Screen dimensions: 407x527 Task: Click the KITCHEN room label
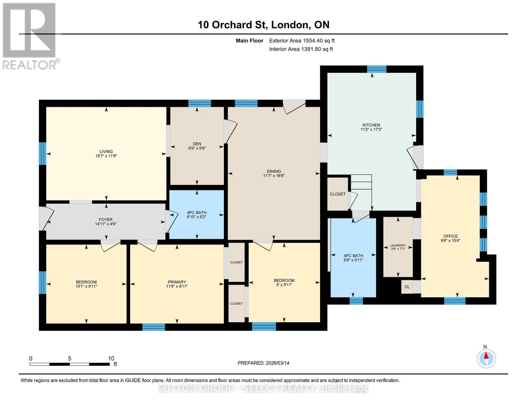(371, 125)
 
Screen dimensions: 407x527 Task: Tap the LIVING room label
(106, 152)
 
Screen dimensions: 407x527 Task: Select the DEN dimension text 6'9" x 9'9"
(197, 148)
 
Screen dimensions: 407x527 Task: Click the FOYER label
(106, 219)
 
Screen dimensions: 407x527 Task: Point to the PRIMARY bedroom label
(176, 282)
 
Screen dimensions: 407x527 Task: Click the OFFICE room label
(450, 236)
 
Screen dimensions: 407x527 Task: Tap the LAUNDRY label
(398, 245)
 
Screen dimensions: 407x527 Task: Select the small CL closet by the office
(407, 287)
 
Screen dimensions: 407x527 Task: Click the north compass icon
(486, 358)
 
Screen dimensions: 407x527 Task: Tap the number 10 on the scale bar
(111, 358)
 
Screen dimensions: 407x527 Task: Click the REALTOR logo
(30, 35)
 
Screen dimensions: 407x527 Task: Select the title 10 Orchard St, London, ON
(263, 25)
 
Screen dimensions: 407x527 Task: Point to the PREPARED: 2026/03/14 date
(263, 363)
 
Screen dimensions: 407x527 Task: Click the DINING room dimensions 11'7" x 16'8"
(274, 176)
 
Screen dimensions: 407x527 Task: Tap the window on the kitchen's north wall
(377, 69)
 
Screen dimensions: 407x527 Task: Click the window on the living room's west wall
(42, 153)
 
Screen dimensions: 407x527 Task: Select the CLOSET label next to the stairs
(337, 194)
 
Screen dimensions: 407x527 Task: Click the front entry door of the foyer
(43, 218)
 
